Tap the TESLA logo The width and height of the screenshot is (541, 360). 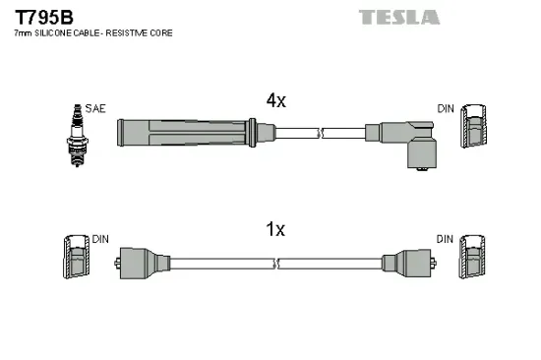coord(398,16)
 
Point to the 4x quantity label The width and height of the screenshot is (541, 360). coord(275,100)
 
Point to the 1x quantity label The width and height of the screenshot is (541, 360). coord(275,230)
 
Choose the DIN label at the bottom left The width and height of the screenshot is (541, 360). coord(99,239)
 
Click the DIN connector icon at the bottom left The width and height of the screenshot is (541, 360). coord(74,260)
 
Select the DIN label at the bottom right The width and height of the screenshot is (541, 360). coord(446,239)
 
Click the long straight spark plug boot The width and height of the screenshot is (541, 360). coord(187,132)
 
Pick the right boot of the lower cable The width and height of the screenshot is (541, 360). coord(400,263)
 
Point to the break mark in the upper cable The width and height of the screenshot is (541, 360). coord(319,131)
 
